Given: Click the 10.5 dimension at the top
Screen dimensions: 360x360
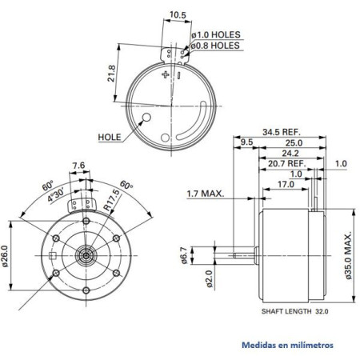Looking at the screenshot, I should click(x=178, y=14).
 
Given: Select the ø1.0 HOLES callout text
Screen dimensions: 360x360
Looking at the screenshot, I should click(x=217, y=35).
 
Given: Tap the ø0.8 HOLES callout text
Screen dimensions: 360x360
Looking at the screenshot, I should click(x=217, y=46).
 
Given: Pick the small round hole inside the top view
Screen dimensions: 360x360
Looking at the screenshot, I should click(x=146, y=119).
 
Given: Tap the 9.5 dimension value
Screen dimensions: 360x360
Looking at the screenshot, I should click(x=246, y=142).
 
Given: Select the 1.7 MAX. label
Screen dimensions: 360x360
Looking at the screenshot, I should click(x=205, y=193).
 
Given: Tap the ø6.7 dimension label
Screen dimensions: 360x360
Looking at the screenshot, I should click(x=183, y=255).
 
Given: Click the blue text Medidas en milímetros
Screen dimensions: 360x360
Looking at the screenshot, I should click(x=287, y=346).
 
